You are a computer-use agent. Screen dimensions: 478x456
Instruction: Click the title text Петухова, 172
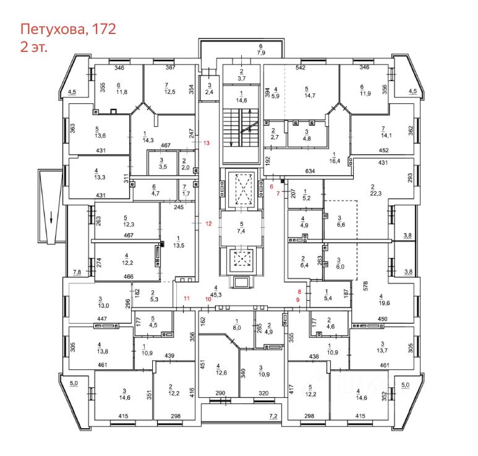(68, 28)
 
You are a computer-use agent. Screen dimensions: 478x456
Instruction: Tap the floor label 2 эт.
(34, 46)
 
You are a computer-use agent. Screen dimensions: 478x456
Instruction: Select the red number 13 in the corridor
(207, 143)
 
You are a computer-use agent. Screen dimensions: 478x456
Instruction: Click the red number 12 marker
(209, 223)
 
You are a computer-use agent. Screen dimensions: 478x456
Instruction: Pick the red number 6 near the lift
(271, 186)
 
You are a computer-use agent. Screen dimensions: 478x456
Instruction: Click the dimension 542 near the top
(302, 67)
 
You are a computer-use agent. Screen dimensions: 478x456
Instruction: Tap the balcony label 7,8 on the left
(77, 272)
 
